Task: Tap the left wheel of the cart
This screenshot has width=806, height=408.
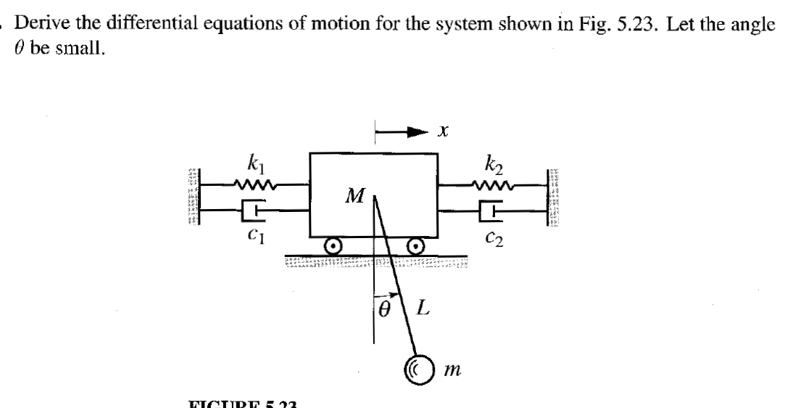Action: coord(333,246)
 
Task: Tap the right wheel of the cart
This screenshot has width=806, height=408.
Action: coord(416,246)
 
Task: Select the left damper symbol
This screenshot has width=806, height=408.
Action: coord(252,211)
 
